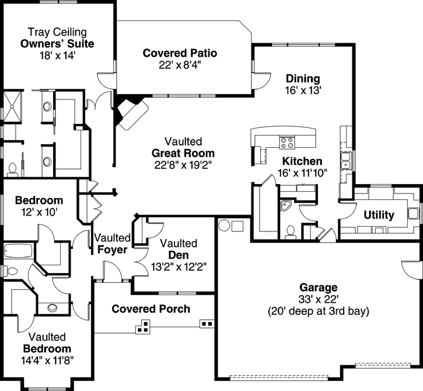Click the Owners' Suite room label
pos(57,44)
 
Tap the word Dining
pos(302,79)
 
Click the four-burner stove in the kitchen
pos(287,141)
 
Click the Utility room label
pos(379,215)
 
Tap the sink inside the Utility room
pos(413,212)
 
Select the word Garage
pos(319,288)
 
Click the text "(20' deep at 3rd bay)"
pos(319,311)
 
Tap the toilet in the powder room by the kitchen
pos(291,232)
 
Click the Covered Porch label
pos(151,309)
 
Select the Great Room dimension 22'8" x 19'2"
pos(183,165)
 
